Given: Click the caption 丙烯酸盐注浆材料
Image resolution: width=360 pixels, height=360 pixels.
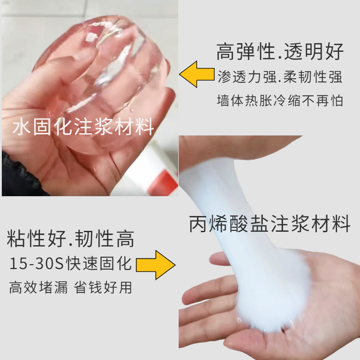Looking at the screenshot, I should click(270, 224).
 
